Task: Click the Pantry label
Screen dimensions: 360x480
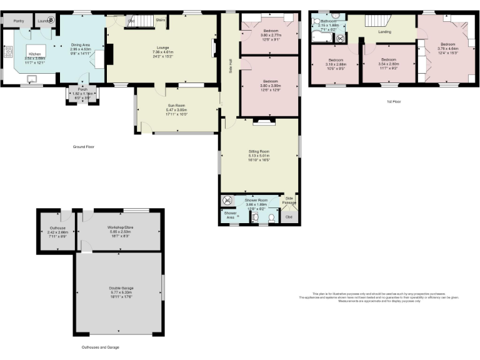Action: coord(10,21)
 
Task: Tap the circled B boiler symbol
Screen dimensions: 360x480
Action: coord(51,20)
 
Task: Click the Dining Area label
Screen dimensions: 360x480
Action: coord(81,45)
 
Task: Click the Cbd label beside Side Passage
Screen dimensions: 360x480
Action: coord(289,217)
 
